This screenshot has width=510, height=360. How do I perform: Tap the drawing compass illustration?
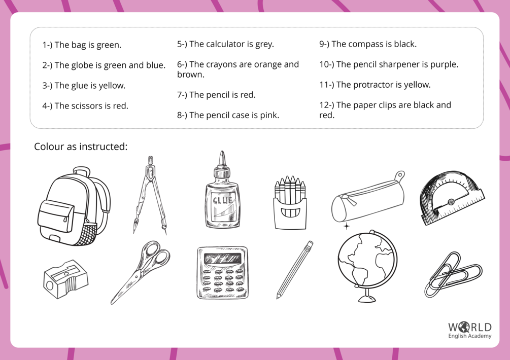[x=150, y=195]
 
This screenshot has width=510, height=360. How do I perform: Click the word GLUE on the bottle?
[x=222, y=200]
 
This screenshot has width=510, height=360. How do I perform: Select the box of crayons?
[x=290, y=203]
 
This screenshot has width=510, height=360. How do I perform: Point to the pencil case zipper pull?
[x=351, y=201]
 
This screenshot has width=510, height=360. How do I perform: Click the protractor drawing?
[x=452, y=198]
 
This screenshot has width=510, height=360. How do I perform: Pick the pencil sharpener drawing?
[x=65, y=279]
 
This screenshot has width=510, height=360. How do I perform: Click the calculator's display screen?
[x=222, y=259]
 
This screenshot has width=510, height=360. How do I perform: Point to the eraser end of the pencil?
[x=310, y=244]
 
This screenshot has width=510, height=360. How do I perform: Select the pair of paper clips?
[x=453, y=274]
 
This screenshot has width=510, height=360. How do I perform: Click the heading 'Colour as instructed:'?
[x=81, y=147]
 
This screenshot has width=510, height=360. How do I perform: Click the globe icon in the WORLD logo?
[x=463, y=327]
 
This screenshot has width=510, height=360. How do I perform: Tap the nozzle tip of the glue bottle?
[x=222, y=153]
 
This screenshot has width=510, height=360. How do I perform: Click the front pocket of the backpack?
[x=56, y=216]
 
